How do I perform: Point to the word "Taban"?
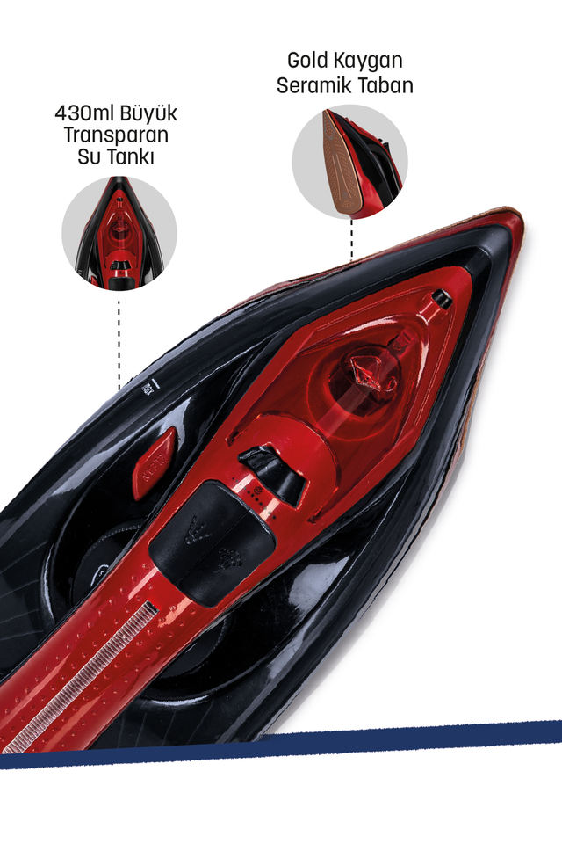click(x=384, y=85)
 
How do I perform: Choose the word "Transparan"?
click(x=115, y=136)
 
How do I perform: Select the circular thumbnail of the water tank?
click(x=119, y=232)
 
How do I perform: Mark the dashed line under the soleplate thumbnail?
click(x=351, y=239)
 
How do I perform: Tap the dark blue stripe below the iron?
click(x=281, y=744)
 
